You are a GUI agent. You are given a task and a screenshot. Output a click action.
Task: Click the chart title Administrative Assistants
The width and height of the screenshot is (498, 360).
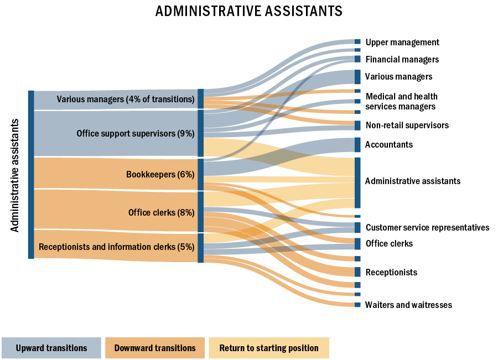tap(249, 11)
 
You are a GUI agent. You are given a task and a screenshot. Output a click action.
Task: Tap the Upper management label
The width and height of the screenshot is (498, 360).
tap(402, 42)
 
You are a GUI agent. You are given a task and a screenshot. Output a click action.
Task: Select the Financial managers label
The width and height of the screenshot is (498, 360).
tap(402, 59)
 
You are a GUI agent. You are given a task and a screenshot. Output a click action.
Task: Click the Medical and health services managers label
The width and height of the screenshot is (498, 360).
tap(401, 102)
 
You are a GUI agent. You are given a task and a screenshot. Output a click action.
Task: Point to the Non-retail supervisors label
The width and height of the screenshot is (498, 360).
tap(407, 125)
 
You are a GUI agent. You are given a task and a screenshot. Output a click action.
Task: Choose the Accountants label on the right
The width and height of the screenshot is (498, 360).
tap(388, 144)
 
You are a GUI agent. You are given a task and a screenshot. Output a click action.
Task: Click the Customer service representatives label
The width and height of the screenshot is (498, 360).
tap(427, 227)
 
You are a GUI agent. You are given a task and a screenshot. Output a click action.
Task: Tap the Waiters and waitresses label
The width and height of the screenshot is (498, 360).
tap(408, 305)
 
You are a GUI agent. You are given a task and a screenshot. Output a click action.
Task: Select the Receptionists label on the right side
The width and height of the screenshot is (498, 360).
tap(391, 272)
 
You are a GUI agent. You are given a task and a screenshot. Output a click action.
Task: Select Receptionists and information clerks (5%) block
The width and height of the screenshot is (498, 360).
tap(117, 247)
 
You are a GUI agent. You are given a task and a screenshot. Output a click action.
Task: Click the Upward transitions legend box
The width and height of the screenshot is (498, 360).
tap(51, 348)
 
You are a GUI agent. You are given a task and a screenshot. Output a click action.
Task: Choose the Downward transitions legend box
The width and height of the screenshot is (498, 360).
tap(155, 348)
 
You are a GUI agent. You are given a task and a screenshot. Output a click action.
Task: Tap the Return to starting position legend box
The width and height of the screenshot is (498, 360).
tap(269, 348)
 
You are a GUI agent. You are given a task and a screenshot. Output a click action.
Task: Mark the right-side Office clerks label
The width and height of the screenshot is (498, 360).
tap(389, 243)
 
